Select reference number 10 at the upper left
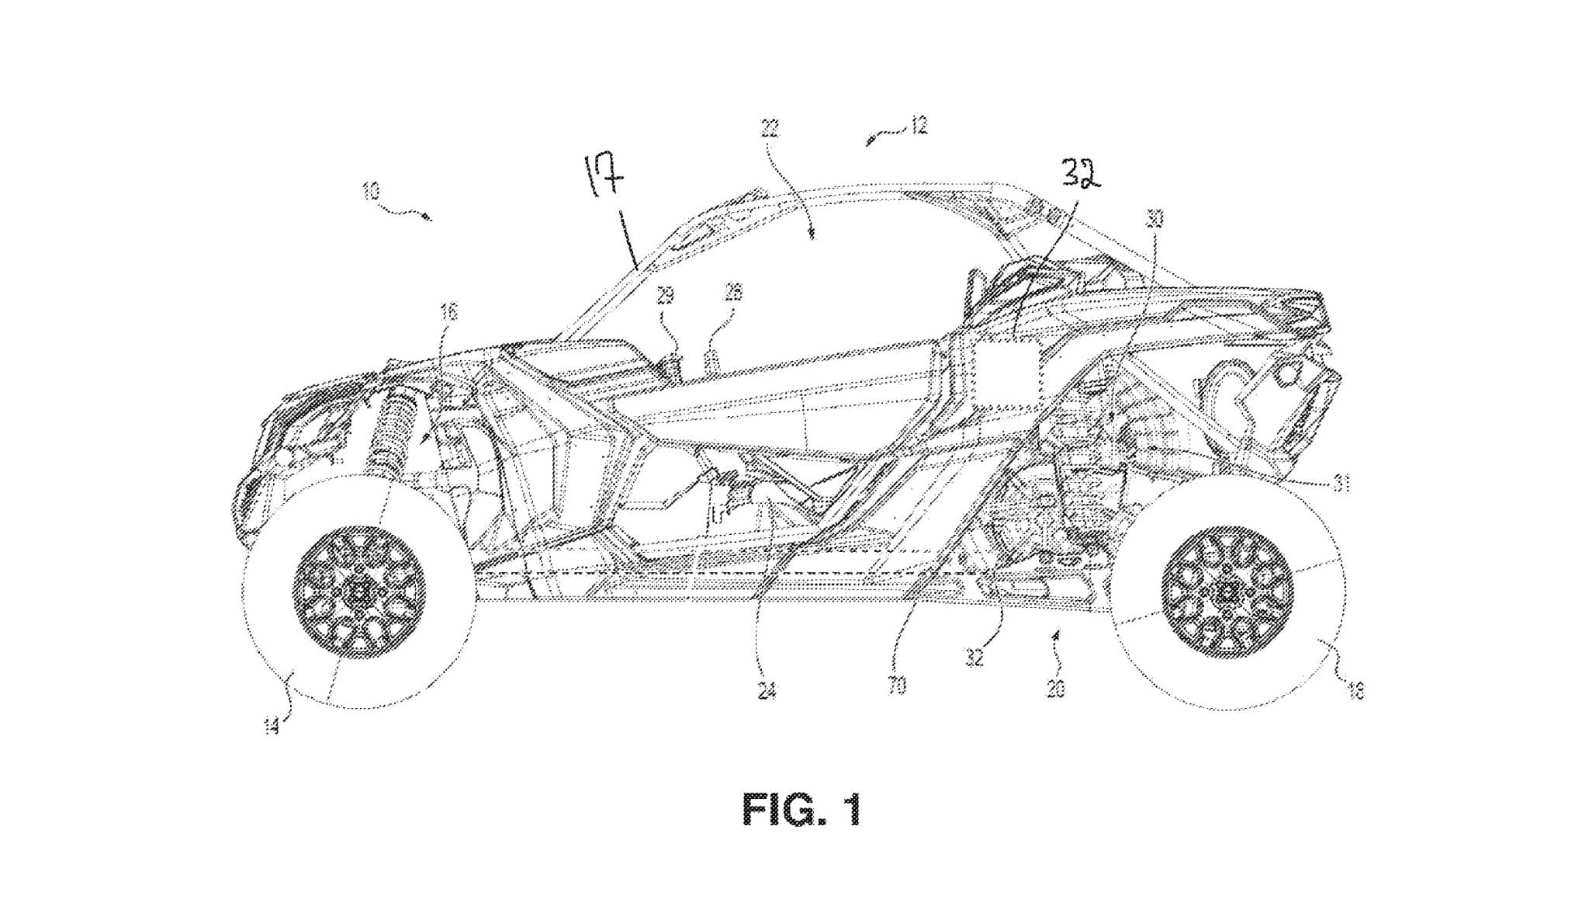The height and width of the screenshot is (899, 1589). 371,191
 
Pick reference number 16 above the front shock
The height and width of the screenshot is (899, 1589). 449,311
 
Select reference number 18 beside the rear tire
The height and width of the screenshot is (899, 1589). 1355,690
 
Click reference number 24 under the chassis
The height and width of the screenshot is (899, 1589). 767,690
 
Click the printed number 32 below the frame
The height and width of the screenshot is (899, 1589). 975,658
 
